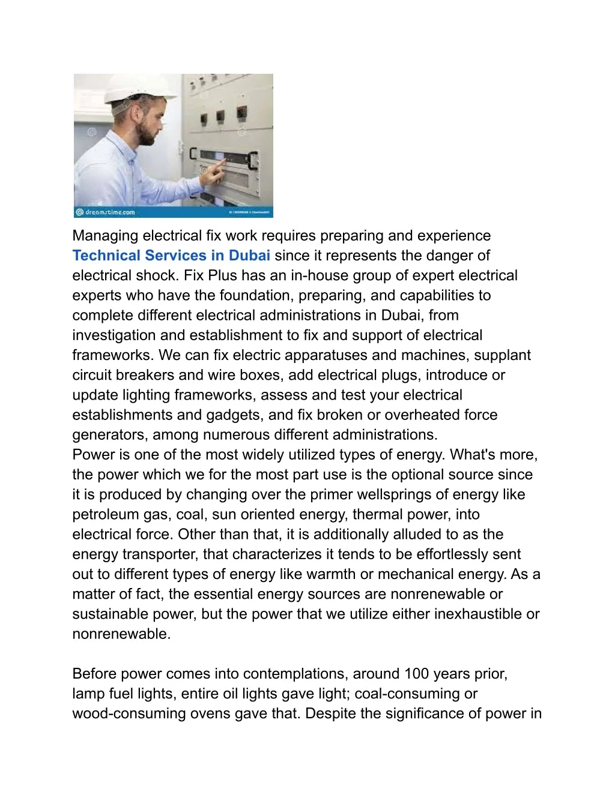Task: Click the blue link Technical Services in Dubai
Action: coord(171,256)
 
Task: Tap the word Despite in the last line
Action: coord(330,713)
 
